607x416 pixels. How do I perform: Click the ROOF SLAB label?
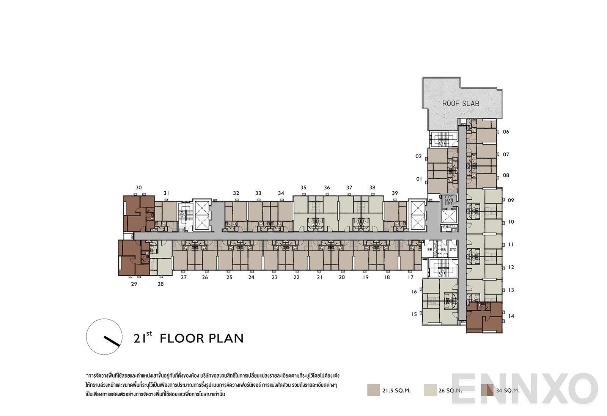coord(461,103)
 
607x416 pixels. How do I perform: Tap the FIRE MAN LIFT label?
coord(449,200)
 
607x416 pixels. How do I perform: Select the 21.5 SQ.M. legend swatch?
coord(373,390)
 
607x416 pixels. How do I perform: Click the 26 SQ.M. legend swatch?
coord(430,390)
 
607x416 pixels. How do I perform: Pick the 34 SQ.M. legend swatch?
coord(487,390)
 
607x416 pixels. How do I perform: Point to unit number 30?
coord(138,188)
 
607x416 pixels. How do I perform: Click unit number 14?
coord(511,316)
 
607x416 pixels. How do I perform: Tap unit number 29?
coord(134,284)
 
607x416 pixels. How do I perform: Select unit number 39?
coord(395,193)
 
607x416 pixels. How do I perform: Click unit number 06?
coord(506,132)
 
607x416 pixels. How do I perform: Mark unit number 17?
coord(410,277)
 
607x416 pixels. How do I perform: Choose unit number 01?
coord(419,179)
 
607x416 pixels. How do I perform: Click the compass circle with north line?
coord(104,337)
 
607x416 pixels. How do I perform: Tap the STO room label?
coord(453,250)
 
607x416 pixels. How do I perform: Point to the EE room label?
coord(429,250)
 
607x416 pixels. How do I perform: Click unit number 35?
coord(303,188)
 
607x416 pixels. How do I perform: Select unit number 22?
coord(296,277)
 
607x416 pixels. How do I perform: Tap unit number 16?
coord(414,292)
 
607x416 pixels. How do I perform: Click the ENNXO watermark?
coord(524,389)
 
